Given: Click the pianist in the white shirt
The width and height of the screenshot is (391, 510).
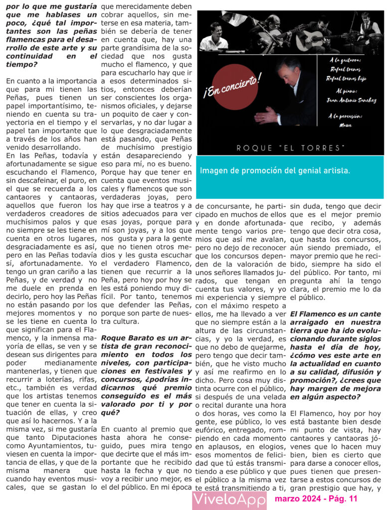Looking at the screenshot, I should (214, 37).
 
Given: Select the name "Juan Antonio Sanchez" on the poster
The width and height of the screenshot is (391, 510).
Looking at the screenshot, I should (351, 100).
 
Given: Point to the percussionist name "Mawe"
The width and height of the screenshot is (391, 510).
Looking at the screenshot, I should (352, 126).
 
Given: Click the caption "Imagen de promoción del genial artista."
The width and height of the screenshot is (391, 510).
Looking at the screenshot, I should (275, 170).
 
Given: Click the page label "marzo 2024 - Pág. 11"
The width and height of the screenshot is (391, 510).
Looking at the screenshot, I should (316, 499).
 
